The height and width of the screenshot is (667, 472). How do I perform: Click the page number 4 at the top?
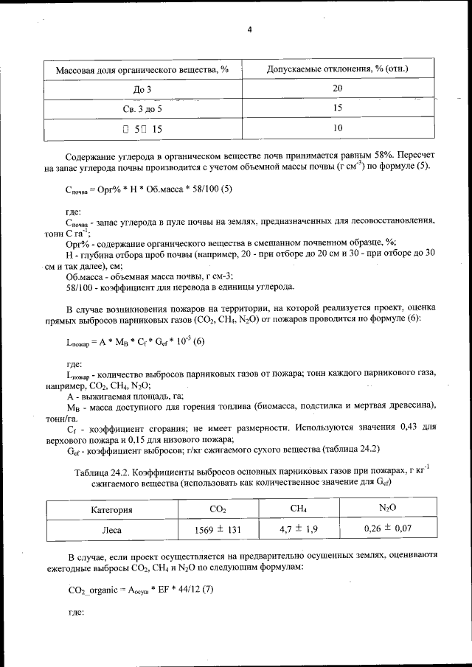[249, 29]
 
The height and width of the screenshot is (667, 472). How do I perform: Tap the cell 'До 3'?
[142, 89]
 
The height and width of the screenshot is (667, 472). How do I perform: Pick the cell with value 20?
[338, 88]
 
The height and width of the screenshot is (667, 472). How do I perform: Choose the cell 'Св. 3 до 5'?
[142, 108]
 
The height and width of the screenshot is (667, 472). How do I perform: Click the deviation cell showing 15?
[338, 108]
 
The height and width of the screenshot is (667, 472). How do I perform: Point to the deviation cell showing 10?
[338, 128]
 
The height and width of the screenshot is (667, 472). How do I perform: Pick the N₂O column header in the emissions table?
[388, 509]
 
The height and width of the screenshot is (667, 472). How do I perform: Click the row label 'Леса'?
[111, 529]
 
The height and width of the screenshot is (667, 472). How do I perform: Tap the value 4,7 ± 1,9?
[299, 528]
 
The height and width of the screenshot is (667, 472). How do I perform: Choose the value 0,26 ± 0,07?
[388, 528]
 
